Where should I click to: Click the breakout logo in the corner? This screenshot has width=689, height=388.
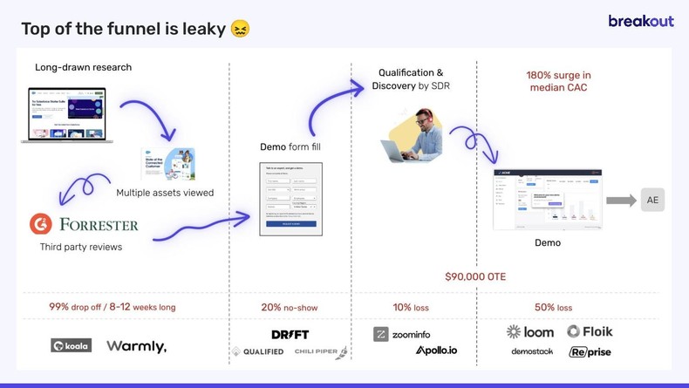(640, 21)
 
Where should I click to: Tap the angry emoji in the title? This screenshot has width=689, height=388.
(240, 29)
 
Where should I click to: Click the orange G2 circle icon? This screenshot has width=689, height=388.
(40, 224)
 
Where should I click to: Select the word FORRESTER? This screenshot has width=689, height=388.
(99, 225)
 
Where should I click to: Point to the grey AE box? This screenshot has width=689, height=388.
(652, 200)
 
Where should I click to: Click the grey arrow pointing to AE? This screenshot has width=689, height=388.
(621, 201)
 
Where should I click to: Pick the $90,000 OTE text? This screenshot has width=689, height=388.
(475, 276)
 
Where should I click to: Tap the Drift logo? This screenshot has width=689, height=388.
(290, 335)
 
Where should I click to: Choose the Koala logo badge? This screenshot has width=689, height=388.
(71, 345)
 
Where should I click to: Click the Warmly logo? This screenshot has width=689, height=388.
(136, 346)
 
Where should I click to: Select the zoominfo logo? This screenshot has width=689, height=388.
(402, 334)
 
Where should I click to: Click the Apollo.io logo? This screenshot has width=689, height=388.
(436, 351)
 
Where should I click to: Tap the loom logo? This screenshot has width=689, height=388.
(530, 331)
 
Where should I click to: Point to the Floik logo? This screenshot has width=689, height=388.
(590, 331)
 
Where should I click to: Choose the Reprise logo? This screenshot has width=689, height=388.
(590, 352)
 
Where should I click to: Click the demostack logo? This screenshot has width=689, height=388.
(532, 351)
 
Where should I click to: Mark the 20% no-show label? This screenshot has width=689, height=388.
(290, 308)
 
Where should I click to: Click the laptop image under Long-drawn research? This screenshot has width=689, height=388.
(67, 114)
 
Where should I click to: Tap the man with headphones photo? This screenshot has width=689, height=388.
(414, 136)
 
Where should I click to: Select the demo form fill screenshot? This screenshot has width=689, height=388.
(290, 199)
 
